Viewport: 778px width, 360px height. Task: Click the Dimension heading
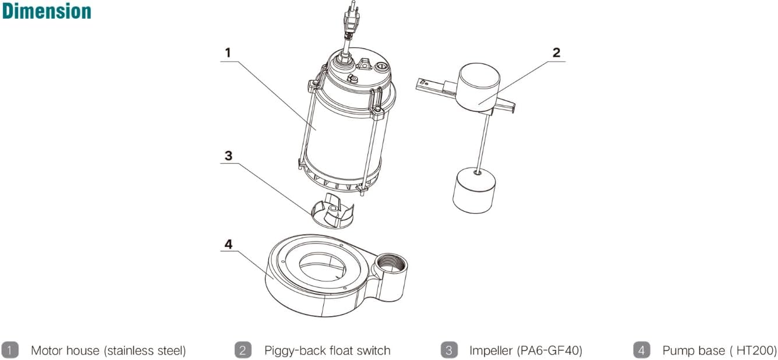(47, 11)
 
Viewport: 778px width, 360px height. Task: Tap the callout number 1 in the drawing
(228, 52)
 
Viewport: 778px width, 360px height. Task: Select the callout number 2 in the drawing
(556, 52)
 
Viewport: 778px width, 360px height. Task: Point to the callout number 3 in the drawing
(228, 156)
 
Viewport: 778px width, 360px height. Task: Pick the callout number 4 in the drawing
(228, 244)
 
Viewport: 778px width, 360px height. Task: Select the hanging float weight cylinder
(475, 190)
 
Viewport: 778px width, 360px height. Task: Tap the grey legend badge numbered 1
(10, 350)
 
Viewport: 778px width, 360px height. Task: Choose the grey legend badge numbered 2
(243, 350)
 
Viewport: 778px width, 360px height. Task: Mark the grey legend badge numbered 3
(448, 350)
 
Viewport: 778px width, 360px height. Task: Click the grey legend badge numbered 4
(641, 350)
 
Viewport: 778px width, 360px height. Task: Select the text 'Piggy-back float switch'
(327, 351)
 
